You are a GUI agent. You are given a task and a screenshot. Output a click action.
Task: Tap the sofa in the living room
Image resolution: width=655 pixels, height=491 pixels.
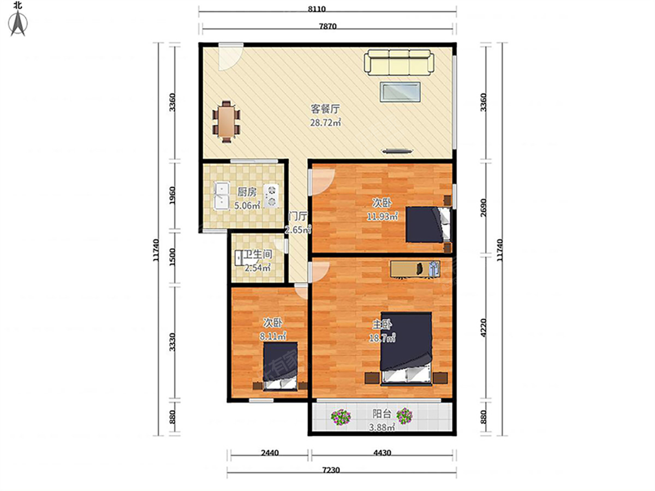coord(398,63)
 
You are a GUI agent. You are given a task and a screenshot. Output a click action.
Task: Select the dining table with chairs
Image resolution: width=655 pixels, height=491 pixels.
coord(227,122)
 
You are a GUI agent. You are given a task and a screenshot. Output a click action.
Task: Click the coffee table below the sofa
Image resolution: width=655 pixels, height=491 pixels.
coord(400,92)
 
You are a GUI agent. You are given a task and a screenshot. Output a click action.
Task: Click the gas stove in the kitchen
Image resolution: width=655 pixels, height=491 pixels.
coord(271,195)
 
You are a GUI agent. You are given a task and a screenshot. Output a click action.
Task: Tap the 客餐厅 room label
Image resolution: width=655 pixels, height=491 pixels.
coord(325,109)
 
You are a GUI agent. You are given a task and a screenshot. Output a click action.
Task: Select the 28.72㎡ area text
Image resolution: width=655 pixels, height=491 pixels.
coord(325,122)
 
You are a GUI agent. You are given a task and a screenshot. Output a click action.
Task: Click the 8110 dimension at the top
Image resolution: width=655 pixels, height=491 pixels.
coord(317,9)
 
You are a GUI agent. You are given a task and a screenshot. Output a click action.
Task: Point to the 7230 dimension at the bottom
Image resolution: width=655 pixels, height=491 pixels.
coord(331,470)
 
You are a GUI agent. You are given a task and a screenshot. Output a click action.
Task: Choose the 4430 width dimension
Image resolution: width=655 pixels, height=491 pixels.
coord(382,453)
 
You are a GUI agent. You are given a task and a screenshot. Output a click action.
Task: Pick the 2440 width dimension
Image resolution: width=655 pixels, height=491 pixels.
coord(270,453)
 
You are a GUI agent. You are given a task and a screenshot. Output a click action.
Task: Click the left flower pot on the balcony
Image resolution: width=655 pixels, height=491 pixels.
coord(341,417)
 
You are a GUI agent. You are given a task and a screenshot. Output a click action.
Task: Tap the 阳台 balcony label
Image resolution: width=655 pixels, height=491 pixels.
coord(382,414)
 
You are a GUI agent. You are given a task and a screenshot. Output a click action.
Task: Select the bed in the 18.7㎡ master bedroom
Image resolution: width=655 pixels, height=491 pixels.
coord(406,349)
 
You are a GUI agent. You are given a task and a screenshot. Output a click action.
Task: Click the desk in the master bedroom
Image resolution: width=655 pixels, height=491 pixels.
coord(415,269)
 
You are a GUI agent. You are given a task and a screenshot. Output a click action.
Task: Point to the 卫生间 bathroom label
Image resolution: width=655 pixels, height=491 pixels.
coord(258,254)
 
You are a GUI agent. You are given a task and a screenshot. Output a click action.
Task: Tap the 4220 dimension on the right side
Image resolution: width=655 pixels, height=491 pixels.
coord(484,328)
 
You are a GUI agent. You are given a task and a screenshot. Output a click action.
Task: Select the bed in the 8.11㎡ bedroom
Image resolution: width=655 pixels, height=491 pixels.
coord(281,367)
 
